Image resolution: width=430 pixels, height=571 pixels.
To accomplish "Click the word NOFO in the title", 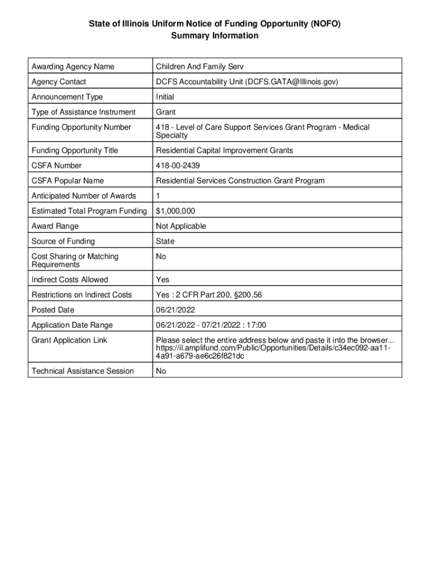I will (325, 23).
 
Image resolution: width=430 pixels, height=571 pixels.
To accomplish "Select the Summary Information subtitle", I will (215, 36).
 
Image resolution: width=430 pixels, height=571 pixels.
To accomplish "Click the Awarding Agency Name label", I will (73, 67).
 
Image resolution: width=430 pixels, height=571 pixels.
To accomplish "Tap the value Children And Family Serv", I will (200, 67).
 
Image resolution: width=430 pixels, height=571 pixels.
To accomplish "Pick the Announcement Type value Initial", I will (165, 97).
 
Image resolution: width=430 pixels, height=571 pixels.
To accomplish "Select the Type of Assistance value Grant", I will (165, 112).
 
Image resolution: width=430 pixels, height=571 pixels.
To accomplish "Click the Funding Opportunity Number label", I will (82, 127).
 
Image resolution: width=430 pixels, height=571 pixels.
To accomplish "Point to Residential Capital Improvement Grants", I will (224, 151).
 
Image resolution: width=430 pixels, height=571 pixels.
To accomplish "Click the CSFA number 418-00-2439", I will (182, 166).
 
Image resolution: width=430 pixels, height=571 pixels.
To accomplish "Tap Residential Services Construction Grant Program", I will (240, 181).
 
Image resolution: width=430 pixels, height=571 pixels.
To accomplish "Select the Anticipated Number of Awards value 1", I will (158, 196).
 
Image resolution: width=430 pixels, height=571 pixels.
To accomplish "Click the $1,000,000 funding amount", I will (175, 211).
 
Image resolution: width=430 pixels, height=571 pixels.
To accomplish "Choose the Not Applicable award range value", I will (181, 226).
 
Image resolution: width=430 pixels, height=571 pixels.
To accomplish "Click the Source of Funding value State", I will (165, 241).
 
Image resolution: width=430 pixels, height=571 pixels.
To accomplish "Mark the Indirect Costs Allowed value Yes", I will (163, 280).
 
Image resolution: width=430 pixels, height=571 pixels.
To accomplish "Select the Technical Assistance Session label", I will (83, 371).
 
